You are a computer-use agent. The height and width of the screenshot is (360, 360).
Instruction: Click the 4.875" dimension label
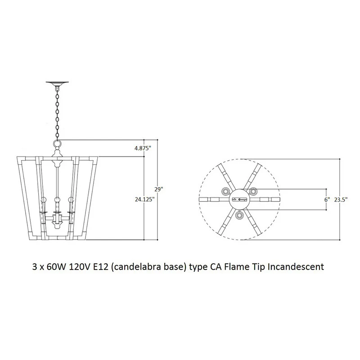143,148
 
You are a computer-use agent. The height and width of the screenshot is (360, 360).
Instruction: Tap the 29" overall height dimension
159,189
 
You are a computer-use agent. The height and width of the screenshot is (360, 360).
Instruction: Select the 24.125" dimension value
144,199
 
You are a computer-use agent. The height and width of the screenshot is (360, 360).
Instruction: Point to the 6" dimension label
327,199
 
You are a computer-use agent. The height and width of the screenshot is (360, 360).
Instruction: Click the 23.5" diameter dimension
341,199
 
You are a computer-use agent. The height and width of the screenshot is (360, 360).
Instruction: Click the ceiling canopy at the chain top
58,84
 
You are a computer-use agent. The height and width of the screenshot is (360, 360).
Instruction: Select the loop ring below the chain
58,144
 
